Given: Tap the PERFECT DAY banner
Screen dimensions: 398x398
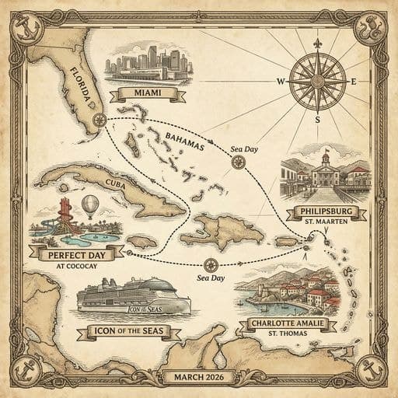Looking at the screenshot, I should pos(76,253).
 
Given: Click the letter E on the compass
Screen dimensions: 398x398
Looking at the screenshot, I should pos(354,81).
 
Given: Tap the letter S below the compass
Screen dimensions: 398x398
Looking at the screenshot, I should pos(317,120).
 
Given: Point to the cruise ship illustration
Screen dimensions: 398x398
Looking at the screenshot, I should pos(134,295).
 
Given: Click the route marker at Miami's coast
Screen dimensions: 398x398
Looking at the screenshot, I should pos(99,120).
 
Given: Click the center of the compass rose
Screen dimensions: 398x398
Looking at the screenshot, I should pos(316,81).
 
